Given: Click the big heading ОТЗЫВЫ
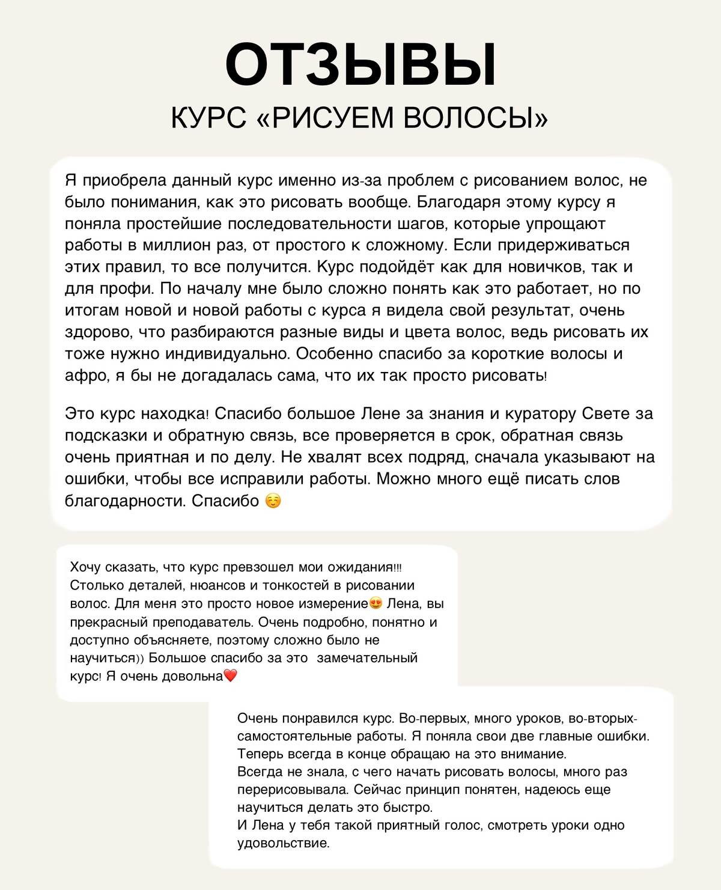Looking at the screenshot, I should pos(360,65).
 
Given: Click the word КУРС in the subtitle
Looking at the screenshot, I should pos(208,117).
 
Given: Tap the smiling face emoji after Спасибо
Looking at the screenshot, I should pos(273,501).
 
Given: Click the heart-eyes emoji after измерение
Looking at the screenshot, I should pos(376,603).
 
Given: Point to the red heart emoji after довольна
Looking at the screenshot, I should pos(231,676).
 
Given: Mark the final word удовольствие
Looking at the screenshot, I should pos(283,844).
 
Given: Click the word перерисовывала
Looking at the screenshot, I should pos(293,790).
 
